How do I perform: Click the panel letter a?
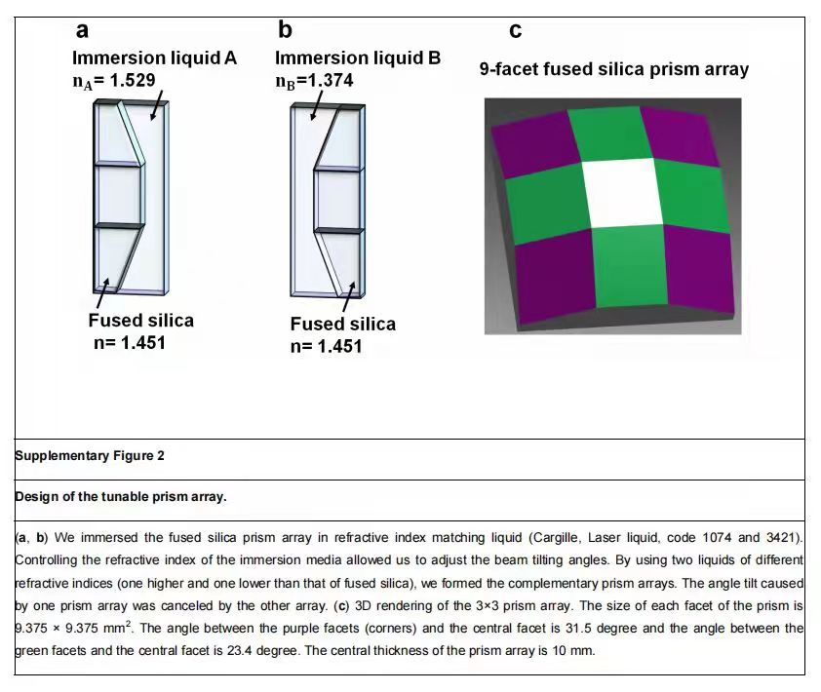tap(84, 31)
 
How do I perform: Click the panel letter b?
tap(285, 30)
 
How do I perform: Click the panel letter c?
tap(515, 31)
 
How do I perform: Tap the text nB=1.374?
tap(314, 80)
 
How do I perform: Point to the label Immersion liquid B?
tap(358, 58)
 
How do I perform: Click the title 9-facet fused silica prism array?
tap(613, 69)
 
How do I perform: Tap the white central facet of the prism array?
tap(623, 190)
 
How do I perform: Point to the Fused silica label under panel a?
tap(140, 321)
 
